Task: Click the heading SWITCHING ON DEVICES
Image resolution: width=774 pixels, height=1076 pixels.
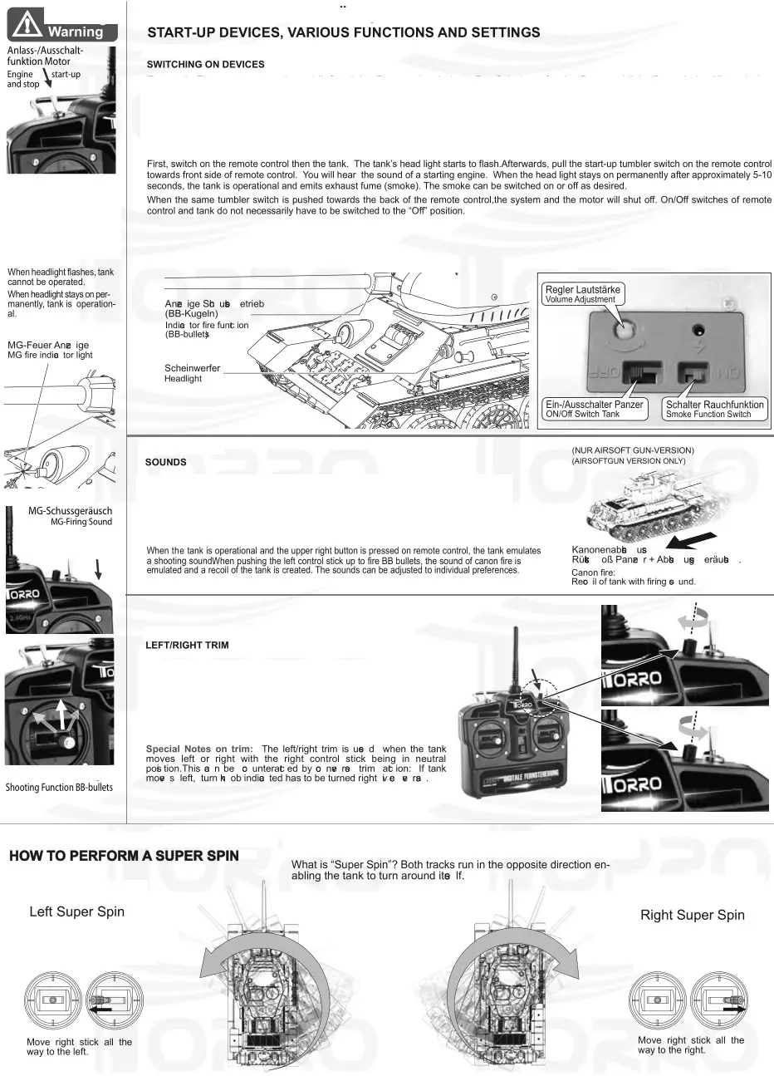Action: [x=205, y=65]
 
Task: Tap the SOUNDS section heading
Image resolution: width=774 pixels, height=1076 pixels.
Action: [x=166, y=462]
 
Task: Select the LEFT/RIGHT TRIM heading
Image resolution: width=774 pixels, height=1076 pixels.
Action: [x=187, y=645]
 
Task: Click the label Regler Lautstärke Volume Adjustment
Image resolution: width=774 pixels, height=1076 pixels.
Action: [x=582, y=294]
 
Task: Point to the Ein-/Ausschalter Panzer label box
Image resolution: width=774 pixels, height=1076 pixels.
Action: [x=595, y=409]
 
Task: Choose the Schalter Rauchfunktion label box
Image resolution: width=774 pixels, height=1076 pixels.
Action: [x=714, y=409]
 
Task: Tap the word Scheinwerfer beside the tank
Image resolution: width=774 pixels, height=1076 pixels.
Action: [x=192, y=368]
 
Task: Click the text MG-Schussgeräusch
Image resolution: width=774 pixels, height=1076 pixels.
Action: [x=70, y=511]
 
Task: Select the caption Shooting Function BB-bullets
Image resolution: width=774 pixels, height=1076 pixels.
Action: [x=59, y=787]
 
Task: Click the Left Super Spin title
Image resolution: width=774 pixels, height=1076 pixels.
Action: [x=76, y=911]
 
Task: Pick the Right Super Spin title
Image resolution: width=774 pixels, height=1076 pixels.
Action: [x=692, y=915]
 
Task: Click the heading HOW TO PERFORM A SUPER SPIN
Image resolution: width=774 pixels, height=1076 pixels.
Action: [x=124, y=857]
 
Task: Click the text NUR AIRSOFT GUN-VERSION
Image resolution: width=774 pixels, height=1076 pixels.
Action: [x=633, y=450]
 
